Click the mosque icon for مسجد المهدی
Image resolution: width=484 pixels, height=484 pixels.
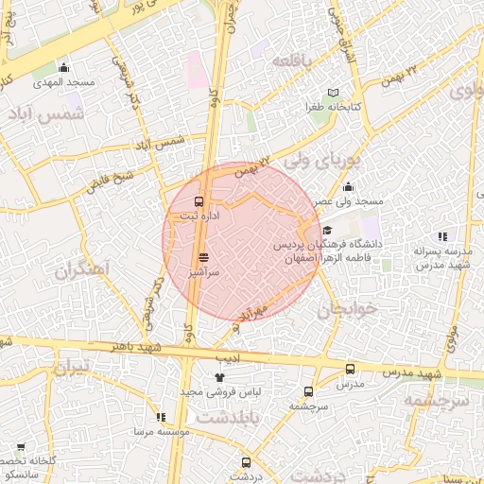(63, 67)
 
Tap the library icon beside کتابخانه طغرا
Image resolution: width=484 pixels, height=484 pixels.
(332, 93)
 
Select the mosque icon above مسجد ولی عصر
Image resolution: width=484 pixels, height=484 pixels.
(349, 186)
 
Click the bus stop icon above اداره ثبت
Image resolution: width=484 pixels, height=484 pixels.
(199, 201)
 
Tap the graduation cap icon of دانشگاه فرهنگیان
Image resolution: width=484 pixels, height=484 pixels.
(328, 230)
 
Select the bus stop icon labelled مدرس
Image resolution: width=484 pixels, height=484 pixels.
(351, 370)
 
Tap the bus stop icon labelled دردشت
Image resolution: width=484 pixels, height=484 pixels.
(247, 462)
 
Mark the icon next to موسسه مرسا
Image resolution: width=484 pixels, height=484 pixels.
(160, 417)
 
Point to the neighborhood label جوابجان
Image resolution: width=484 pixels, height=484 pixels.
(347, 309)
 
